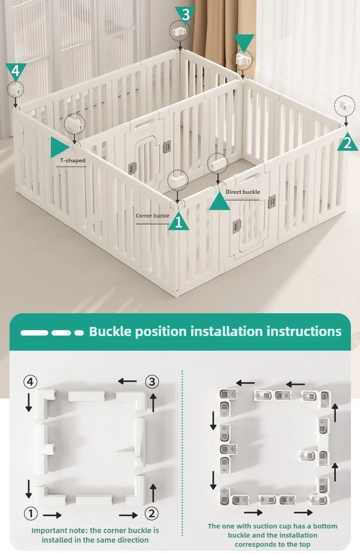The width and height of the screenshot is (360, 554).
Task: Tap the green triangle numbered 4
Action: (15, 71)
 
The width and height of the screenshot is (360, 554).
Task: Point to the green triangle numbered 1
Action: (179, 222)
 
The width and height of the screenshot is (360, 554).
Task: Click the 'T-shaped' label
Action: (73, 161)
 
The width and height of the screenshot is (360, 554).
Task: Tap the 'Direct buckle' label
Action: (242, 192)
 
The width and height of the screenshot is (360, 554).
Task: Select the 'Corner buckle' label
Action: (153, 216)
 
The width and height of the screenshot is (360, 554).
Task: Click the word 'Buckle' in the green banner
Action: (110, 331)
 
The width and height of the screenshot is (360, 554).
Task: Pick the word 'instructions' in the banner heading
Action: (304, 331)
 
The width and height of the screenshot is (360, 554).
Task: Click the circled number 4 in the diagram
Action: (31, 382)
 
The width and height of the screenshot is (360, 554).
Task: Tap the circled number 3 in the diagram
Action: (152, 382)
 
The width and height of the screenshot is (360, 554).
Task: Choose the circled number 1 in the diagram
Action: (31, 513)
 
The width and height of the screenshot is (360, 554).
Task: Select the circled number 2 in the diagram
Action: (152, 513)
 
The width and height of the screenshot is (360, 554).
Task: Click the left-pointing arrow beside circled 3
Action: (127, 381)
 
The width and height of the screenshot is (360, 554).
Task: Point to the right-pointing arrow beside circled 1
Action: (52, 515)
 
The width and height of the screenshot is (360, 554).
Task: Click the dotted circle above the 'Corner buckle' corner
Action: (178, 180)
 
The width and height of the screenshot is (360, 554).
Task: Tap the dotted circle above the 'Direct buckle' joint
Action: (217, 163)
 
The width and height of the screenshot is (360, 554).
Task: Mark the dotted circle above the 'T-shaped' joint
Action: (75, 124)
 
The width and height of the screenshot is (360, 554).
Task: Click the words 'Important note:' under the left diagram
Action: (59, 530)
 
